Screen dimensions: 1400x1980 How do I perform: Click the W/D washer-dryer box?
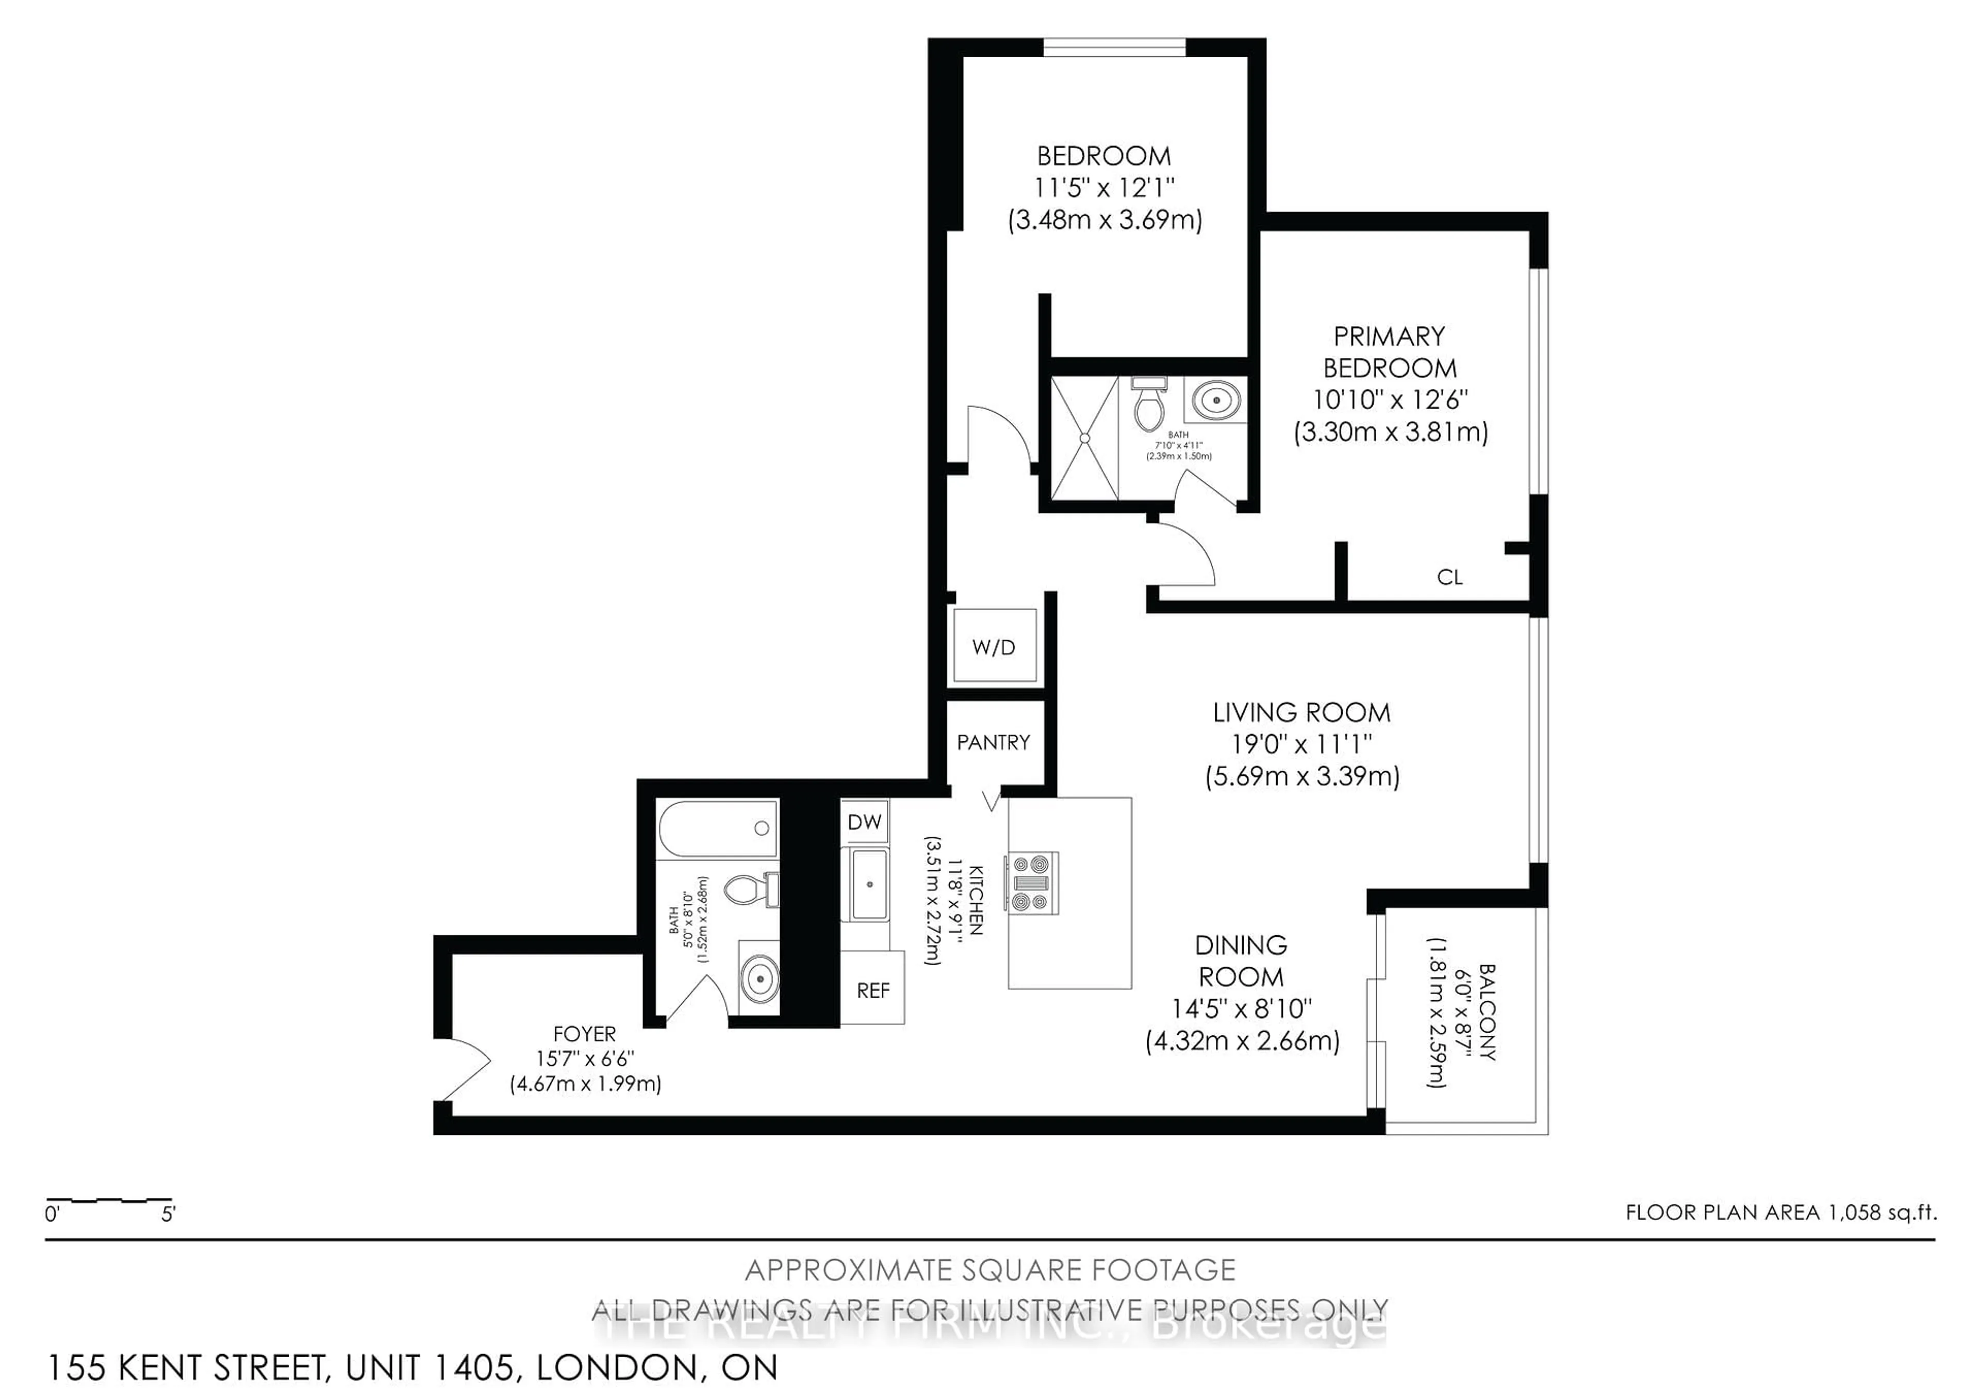994,647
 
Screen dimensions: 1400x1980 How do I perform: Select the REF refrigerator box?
873,990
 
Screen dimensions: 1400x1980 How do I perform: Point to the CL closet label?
1449,577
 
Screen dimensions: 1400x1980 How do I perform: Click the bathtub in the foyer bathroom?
717,828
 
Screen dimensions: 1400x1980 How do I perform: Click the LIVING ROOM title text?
1301,712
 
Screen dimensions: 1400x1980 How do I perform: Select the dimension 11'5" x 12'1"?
1104,187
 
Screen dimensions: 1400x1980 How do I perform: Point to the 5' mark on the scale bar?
168,1214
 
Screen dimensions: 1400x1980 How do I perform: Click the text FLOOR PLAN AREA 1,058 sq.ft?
1781,1212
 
